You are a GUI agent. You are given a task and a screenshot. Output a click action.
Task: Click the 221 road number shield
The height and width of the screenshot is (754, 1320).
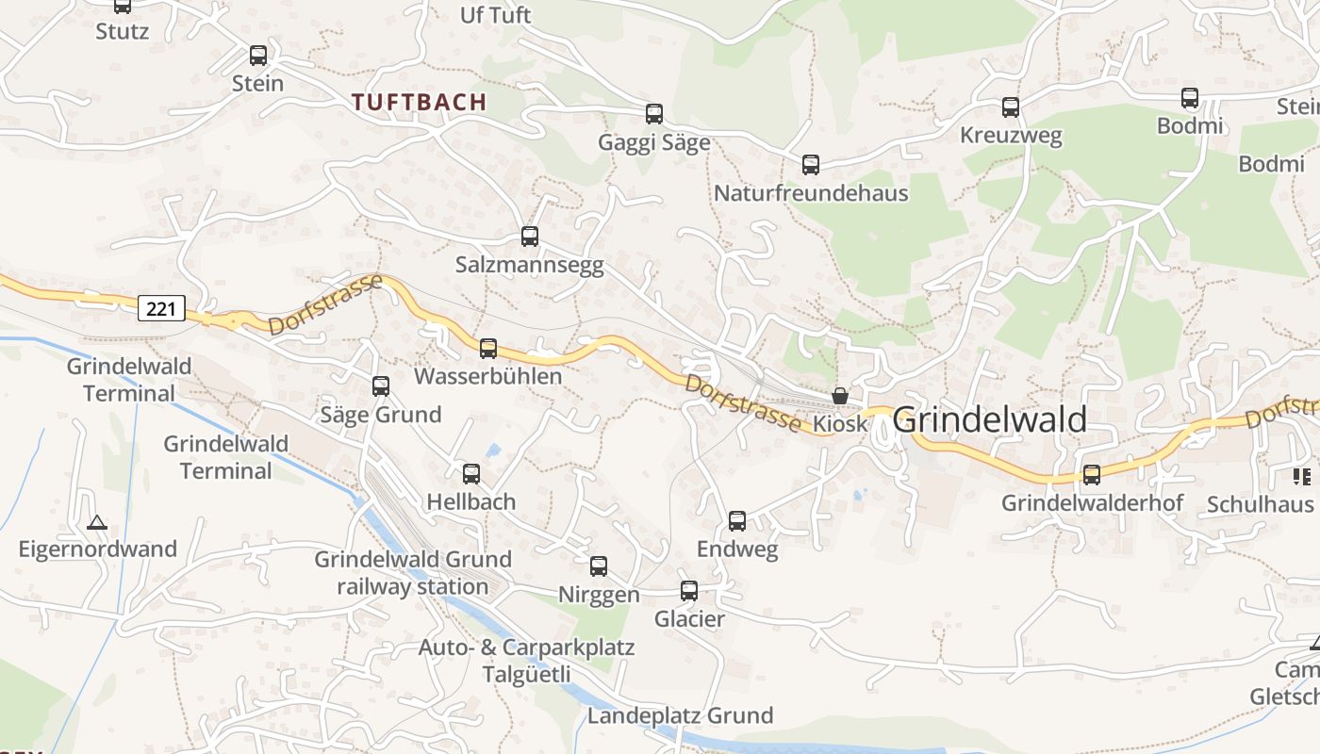(161, 307)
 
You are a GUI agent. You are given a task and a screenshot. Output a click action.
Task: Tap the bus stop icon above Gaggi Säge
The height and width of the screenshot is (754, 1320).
(654, 114)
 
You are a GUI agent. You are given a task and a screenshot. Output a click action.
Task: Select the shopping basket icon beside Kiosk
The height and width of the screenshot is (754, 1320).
(840, 396)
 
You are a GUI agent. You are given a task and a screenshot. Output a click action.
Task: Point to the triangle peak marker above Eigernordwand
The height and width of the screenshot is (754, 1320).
(97, 522)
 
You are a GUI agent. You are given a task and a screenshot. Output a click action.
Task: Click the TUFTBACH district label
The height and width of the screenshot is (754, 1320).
(420, 102)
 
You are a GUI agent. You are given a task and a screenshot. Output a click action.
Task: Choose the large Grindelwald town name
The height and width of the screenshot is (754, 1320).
(989, 419)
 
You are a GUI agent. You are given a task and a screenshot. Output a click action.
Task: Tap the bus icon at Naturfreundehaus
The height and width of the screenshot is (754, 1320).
(811, 165)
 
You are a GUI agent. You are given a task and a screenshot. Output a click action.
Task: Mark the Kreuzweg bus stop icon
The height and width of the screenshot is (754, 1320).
(1011, 107)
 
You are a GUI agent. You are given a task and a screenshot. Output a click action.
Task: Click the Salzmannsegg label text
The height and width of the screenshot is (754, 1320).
(529, 265)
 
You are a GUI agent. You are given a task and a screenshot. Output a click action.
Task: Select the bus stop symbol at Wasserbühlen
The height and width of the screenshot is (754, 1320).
(488, 349)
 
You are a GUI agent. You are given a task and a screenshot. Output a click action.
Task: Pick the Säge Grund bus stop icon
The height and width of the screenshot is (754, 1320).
(381, 386)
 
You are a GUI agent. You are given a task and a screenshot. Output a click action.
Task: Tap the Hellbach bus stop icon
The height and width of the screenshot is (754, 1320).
(471, 474)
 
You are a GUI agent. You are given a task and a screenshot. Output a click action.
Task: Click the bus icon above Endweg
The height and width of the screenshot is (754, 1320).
(737, 521)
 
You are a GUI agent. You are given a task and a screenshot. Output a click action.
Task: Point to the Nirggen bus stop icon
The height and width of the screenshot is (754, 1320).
(599, 566)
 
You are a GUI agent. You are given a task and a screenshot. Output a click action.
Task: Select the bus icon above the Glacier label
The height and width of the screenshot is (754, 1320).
(689, 591)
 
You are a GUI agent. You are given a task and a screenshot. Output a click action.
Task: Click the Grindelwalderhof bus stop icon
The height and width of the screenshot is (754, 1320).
(1092, 475)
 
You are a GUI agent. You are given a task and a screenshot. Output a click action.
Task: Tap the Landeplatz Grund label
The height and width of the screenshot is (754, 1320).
(680, 715)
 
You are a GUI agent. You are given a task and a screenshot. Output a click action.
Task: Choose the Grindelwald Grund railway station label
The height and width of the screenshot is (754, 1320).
(413, 573)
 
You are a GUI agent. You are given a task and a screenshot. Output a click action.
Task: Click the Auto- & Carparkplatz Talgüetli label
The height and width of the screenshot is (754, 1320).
(526, 661)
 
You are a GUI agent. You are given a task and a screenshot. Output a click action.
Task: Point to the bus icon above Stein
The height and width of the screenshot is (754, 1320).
(258, 56)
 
